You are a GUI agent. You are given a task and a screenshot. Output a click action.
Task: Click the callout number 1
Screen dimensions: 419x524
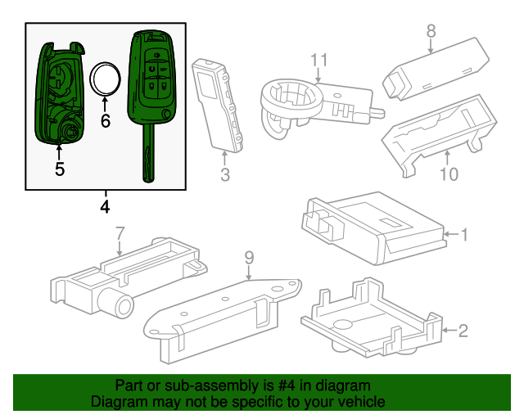click(x=463, y=236)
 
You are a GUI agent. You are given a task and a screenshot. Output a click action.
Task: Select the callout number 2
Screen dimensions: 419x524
click(x=463, y=331)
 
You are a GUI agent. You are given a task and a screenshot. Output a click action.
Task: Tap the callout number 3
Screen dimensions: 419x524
click(x=225, y=174)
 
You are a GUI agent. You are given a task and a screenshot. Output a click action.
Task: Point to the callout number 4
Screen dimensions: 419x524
click(x=104, y=206)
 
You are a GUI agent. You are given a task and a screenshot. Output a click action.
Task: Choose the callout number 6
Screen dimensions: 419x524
click(x=105, y=121)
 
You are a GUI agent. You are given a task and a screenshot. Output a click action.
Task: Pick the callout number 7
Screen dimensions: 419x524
click(x=120, y=232)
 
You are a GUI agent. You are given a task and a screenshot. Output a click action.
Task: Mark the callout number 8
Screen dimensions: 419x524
click(x=431, y=31)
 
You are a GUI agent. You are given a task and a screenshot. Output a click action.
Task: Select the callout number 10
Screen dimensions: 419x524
click(x=447, y=173)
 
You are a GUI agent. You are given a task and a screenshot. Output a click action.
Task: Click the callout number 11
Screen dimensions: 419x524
click(x=318, y=60)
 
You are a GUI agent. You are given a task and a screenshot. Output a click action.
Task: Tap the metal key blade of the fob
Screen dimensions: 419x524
click(x=148, y=155)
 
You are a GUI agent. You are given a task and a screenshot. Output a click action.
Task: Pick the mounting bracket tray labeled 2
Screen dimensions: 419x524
click(x=368, y=319)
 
